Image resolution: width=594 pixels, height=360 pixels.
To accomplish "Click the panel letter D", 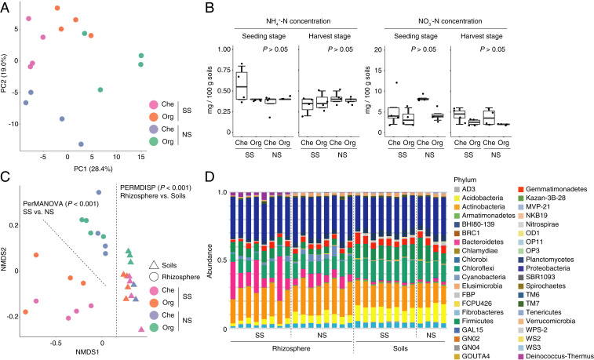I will (x=206, y=184).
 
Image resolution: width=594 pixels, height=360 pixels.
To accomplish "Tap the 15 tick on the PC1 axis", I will (x=140, y=158).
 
